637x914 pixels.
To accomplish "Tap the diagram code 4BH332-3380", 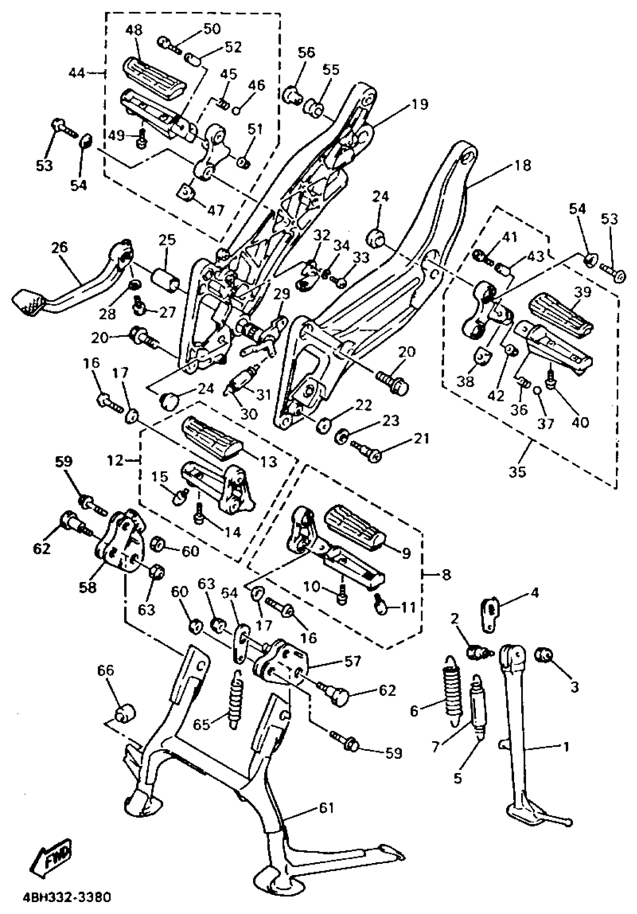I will tap(67, 897).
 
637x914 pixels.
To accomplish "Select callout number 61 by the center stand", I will tap(326, 808).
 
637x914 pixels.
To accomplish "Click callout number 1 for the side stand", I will tap(565, 746).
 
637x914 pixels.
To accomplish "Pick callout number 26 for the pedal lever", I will tap(60, 247).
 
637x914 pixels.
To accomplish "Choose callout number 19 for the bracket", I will tap(420, 104).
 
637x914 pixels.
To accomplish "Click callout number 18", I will tap(523, 165).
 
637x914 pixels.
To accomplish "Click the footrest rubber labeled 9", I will tap(355, 528).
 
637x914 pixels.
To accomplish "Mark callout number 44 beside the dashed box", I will tap(77, 73).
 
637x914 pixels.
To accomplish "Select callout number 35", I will tap(517, 472).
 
